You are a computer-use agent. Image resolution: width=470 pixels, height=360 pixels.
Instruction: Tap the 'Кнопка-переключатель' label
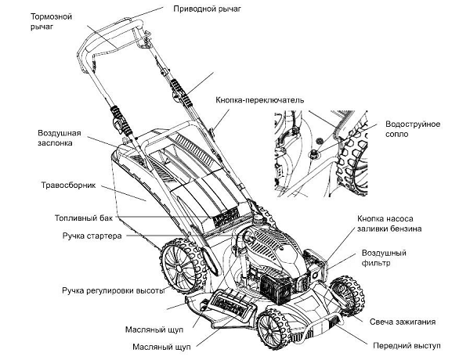255,101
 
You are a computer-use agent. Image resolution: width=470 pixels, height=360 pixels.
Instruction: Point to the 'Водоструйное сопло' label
413,131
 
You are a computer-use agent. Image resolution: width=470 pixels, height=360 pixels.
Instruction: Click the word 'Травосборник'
68,188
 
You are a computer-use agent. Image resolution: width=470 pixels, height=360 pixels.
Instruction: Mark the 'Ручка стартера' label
92,236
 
